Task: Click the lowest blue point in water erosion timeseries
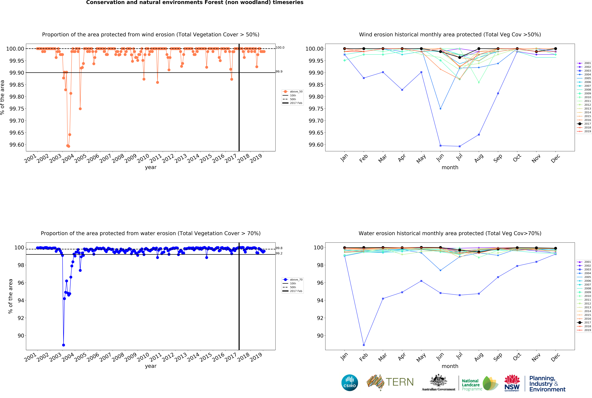(63, 345)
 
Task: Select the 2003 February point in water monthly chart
(364, 345)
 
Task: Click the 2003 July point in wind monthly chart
(460, 146)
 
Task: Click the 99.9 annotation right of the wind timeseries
(279, 72)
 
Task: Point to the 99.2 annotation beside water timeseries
(279, 253)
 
